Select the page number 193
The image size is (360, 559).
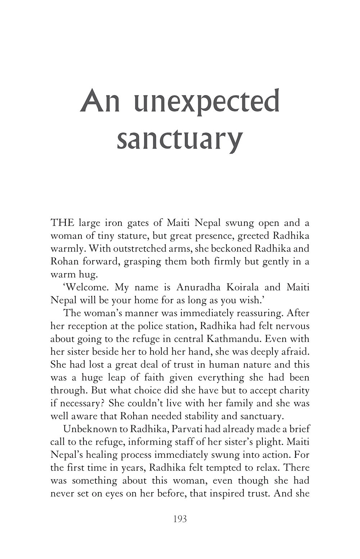(180, 519)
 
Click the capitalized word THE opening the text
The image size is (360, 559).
(62, 222)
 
